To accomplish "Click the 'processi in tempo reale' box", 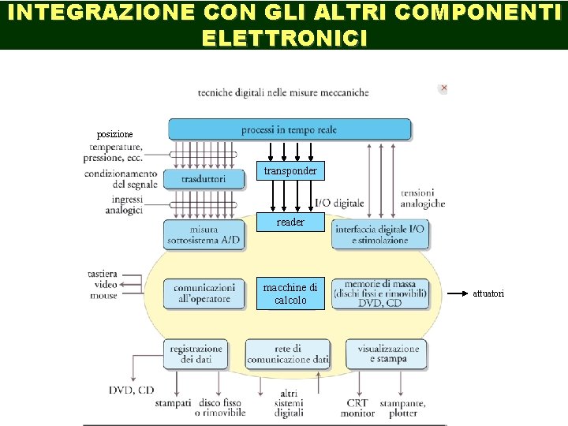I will pyautogui.click(x=290, y=129).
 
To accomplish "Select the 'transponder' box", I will pyautogui.click(x=290, y=170).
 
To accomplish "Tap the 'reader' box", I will pyautogui.click(x=290, y=222).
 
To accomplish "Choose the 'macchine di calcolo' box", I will pyautogui.click(x=290, y=293).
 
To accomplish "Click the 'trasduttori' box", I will pyautogui.click(x=203, y=179).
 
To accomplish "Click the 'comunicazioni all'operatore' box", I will pyautogui.click(x=204, y=293).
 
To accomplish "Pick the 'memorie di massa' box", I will pyautogui.click(x=380, y=293).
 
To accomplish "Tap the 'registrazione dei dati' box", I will pyautogui.click(x=196, y=353).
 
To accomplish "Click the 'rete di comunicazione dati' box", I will pyautogui.click(x=288, y=353).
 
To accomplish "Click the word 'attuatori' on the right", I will pyautogui.click(x=488, y=293).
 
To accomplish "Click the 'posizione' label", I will pyautogui.click(x=115, y=134).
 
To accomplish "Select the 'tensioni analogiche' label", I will pyautogui.click(x=422, y=198).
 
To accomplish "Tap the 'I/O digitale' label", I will pyautogui.click(x=339, y=204).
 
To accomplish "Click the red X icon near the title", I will pyautogui.click(x=444, y=88).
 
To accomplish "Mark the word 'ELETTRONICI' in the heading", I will pyautogui.click(x=284, y=37).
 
